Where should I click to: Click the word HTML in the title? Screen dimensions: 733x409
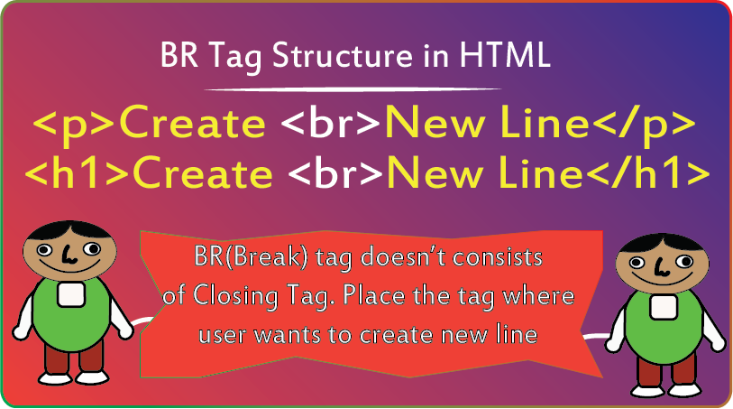point(504,55)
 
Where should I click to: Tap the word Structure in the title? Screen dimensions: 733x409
point(343,55)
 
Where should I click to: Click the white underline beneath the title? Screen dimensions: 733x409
point(353,88)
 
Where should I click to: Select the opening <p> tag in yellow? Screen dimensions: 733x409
point(73,125)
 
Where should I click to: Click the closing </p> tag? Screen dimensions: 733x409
point(642,123)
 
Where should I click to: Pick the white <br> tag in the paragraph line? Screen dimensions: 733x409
point(331,123)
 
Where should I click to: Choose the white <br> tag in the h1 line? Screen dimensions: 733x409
point(335,172)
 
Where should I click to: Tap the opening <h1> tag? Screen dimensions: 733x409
point(77,172)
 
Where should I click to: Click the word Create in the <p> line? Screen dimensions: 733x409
point(193,123)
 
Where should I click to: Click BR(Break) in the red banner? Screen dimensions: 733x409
point(251,258)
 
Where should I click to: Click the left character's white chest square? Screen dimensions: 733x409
point(71,294)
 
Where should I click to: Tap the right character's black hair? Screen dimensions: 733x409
point(662,244)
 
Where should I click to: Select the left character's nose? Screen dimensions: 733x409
point(69,256)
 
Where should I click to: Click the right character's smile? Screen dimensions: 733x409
point(661,280)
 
